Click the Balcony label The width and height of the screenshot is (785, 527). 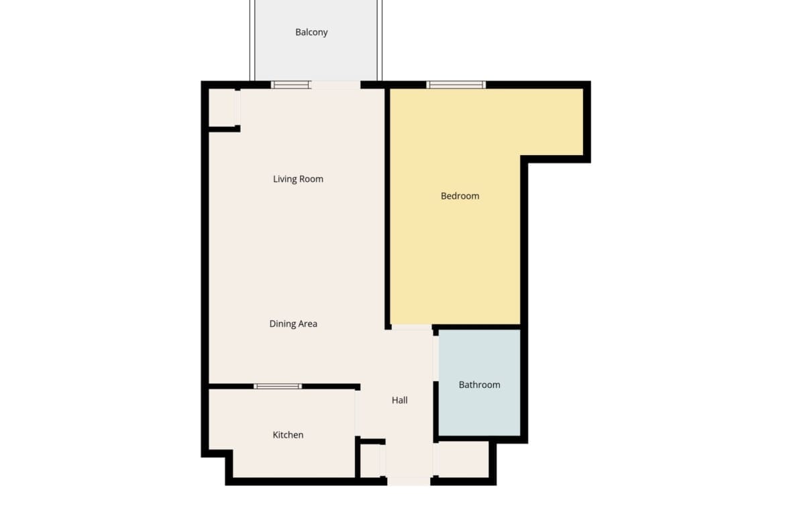[x=311, y=33]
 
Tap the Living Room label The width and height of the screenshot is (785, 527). [x=298, y=179]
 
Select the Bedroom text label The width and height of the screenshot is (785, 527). [x=460, y=196]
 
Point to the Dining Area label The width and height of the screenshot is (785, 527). [x=293, y=324]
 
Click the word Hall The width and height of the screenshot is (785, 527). [x=399, y=400]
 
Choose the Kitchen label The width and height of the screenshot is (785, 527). [x=288, y=435]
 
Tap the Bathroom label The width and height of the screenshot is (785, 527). [x=479, y=385]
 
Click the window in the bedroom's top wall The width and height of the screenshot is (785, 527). [x=456, y=85]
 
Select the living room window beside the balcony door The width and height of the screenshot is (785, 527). [x=291, y=85]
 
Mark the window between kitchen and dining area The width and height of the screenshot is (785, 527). [x=278, y=386]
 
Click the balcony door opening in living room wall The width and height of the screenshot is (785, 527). [x=336, y=85]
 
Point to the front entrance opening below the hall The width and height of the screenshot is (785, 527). [x=409, y=481]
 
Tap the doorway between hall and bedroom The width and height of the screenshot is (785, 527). [x=411, y=327]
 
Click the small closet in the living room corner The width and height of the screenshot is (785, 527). [x=223, y=107]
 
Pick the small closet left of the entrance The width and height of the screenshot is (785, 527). [x=372, y=461]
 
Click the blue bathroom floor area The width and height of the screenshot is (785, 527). [x=480, y=383]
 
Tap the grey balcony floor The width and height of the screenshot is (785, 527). [x=316, y=40]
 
